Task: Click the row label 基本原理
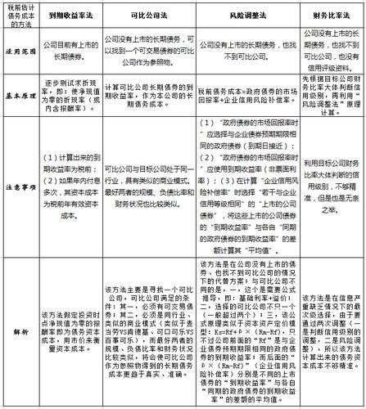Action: click(16, 92)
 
